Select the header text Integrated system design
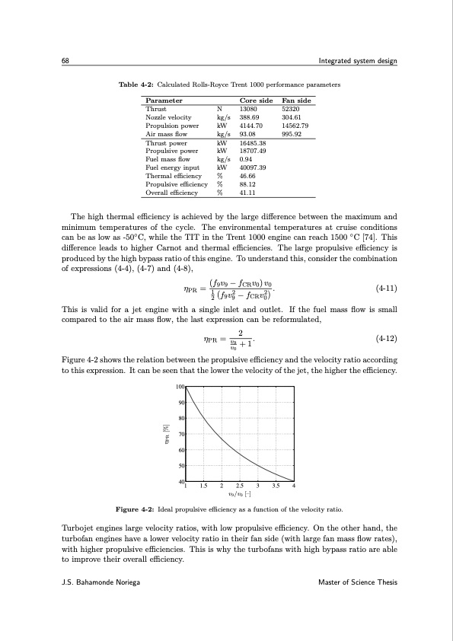click(358, 61)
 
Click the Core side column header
click(256, 100)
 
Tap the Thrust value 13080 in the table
click(249, 110)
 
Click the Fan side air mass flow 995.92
click(292, 134)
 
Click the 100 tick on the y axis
click(180, 387)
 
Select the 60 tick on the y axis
click(180, 450)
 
